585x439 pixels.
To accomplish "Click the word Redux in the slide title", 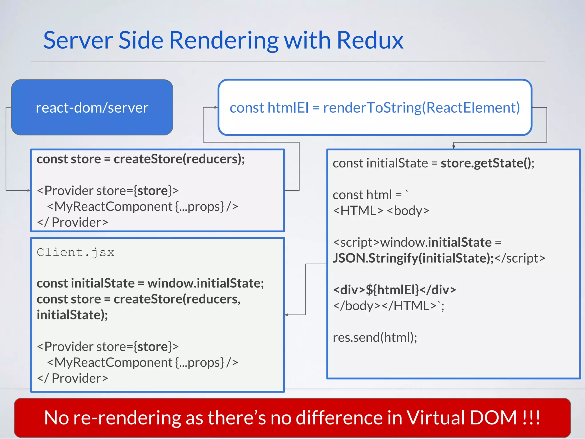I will (x=370, y=40).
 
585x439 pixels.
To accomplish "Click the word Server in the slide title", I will (x=78, y=40).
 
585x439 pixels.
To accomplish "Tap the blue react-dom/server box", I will (x=92, y=107).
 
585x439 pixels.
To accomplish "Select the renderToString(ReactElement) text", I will (x=421, y=108).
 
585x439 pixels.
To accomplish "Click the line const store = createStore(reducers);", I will (x=141, y=159).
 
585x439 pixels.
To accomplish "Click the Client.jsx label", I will (x=75, y=252).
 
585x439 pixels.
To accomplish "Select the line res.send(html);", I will (x=375, y=338).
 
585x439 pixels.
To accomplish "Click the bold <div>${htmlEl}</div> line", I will (x=394, y=290).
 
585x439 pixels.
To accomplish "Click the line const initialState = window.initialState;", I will (x=150, y=283).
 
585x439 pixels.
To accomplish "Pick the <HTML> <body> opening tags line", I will (x=381, y=211).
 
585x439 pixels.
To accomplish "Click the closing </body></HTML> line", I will (x=388, y=306).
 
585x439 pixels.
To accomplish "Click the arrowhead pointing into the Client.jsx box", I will (x=287, y=315).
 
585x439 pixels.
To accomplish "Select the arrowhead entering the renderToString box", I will (x=216, y=107).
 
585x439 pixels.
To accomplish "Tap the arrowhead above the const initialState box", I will (x=453, y=147).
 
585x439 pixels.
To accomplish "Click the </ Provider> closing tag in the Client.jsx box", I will (x=73, y=378).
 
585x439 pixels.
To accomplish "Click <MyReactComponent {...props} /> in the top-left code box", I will (x=142, y=206).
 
